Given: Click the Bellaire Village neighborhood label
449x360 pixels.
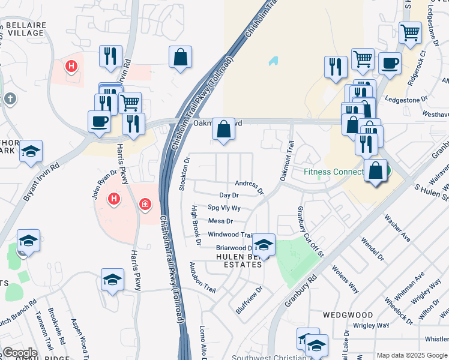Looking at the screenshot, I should [x=25, y=28].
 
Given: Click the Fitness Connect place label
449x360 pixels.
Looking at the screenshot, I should [x=334, y=172].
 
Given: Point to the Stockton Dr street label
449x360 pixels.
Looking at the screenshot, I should [x=185, y=174].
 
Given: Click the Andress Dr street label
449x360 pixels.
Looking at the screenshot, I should [x=249, y=186].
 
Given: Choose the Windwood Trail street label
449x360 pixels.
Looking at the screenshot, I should [x=231, y=235].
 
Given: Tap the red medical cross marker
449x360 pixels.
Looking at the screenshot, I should [x=145, y=205].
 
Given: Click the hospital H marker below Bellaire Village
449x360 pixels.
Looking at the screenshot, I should [x=71, y=66].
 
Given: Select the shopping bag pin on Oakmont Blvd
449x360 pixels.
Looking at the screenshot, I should [x=223, y=129].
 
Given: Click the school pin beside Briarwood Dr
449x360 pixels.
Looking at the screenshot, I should [x=263, y=245].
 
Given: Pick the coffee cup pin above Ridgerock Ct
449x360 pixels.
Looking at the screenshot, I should [x=390, y=63].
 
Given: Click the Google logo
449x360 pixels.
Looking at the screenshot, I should [x=20, y=353].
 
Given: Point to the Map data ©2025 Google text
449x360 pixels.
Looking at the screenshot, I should [x=412, y=355].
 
